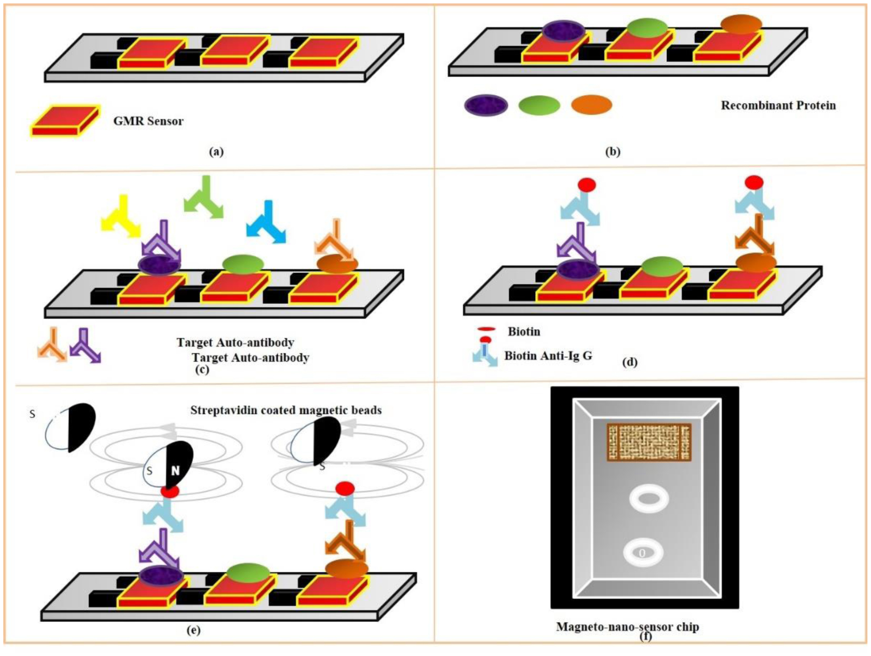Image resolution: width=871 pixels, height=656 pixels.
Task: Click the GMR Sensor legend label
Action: coord(148,121)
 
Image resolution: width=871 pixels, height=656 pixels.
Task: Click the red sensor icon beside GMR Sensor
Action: coord(65,121)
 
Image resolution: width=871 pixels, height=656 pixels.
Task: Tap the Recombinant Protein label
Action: coord(778,105)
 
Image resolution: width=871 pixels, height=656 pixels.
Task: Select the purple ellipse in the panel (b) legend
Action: coord(486,105)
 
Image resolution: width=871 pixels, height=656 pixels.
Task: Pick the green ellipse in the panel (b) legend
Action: coord(539,105)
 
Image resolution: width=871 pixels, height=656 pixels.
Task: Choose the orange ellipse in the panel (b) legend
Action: coord(592,105)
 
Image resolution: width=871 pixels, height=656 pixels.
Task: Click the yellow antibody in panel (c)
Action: coord(121,216)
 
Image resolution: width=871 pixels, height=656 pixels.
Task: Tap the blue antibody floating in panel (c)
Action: coord(267,222)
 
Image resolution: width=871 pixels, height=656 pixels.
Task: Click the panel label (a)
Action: coord(216,152)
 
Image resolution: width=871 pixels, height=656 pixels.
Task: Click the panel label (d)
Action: coord(629,362)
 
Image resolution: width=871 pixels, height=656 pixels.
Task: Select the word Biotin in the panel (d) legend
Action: coord(524,331)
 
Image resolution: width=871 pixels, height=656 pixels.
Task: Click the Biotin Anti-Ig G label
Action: coord(548,355)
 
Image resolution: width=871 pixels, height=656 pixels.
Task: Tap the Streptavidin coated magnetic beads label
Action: coord(286,410)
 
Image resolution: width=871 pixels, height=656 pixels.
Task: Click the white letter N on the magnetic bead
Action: coord(175,470)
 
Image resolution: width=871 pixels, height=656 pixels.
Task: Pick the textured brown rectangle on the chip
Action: coord(648,442)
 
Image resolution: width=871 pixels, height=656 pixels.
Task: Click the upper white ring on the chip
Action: coord(649,498)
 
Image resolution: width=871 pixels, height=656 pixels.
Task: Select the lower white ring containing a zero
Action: coord(643,552)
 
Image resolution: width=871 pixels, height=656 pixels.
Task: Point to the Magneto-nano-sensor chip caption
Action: coord(627,627)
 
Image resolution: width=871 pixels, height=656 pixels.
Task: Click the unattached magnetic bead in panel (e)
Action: coord(72,427)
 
